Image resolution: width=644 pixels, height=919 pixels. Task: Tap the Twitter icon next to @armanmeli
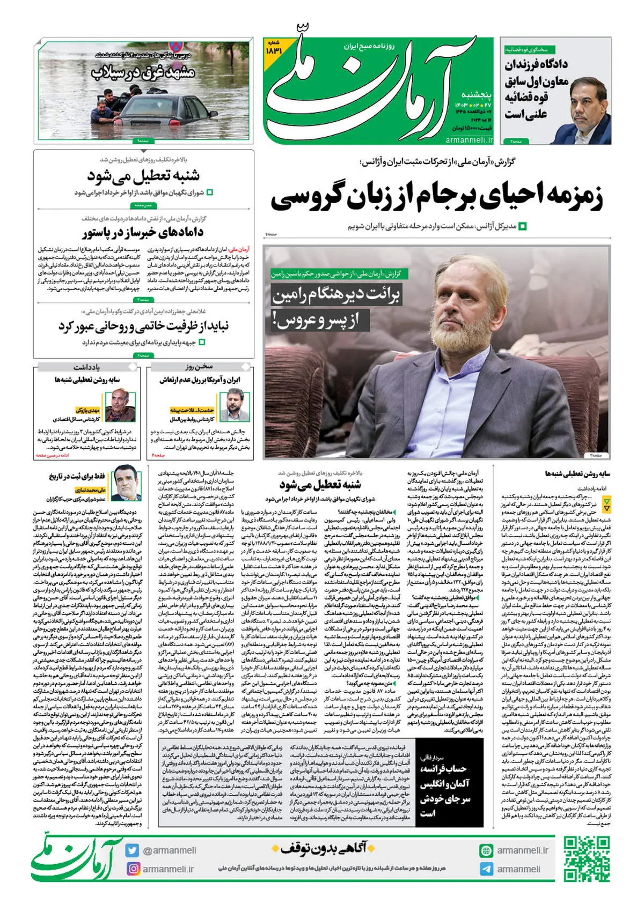point(132,850)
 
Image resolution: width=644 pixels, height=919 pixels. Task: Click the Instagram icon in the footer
point(132,869)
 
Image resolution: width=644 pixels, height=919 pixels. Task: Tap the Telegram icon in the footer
point(486,869)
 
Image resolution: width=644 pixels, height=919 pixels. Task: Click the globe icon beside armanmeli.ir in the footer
point(486,850)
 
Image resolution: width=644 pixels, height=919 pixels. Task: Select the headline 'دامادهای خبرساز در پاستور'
point(143,233)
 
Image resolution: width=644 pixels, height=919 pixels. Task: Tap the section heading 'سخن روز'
point(200,367)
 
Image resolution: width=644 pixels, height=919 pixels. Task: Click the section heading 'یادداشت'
point(87,367)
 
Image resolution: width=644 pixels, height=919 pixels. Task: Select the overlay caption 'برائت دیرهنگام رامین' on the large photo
point(336,295)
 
